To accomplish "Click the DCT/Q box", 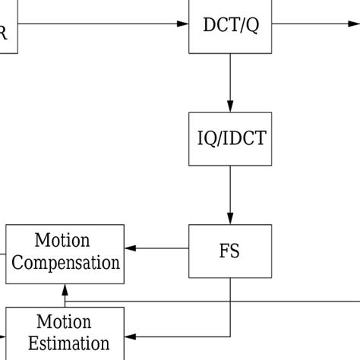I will pyautogui.click(x=230, y=25).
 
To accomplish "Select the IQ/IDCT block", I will pyautogui.click(x=230, y=138).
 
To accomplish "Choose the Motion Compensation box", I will pyautogui.click(x=65, y=252).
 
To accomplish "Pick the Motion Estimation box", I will pyautogui.click(x=65, y=333).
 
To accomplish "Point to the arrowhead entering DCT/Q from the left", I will pyautogui.click(x=183, y=24).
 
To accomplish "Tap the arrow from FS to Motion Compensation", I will pyautogui.click(x=157, y=248).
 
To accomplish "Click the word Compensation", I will pyautogui.click(x=67, y=263).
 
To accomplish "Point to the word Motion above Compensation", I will pyautogui.click(x=62, y=241).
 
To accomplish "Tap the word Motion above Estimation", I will pyautogui.click(x=63, y=322).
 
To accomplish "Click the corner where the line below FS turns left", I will pyautogui.click(x=230, y=336).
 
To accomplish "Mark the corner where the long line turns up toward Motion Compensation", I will pyautogui.click(x=65, y=302).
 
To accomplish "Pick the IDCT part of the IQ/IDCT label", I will pyautogui.click(x=245, y=138).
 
